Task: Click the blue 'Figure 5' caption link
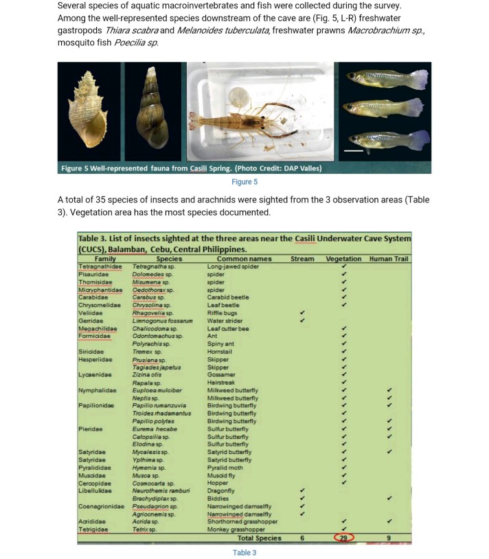point(244,182)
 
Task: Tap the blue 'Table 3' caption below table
point(244,552)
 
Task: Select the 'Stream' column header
point(302,259)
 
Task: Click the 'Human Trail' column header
point(389,259)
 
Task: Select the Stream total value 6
point(302,538)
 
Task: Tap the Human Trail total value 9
point(389,538)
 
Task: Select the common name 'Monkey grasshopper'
point(236,530)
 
